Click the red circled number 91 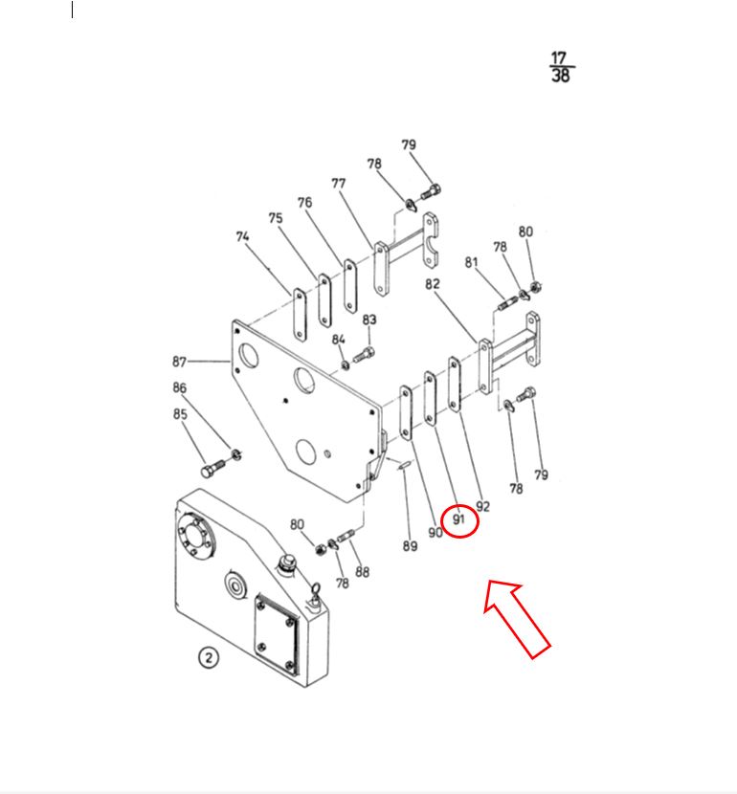(458, 519)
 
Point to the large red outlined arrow (516, 619)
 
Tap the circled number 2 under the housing (209, 657)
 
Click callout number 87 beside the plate (179, 362)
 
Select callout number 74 (242, 236)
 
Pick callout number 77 (339, 184)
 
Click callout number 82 (432, 284)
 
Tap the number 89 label (410, 546)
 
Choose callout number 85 (180, 414)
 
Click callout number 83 (369, 320)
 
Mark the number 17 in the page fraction (559, 57)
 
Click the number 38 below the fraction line (561, 76)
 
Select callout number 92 (482, 506)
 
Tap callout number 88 (362, 572)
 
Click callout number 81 (471, 262)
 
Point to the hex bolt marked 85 (213, 468)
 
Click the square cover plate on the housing (277, 635)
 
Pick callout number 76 (304, 203)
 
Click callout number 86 (179, 387)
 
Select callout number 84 (339, 340)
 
